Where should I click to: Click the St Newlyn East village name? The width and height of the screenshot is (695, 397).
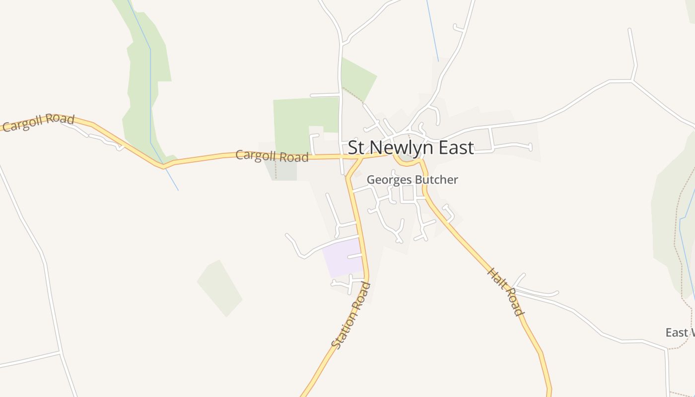click(x=411, y=147)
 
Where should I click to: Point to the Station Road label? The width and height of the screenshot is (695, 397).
click(x=351, y=315)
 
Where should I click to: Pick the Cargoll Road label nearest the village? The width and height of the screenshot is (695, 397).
click(x=272, y=156)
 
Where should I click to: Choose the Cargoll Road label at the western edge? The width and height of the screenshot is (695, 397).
click(x=38, y=122)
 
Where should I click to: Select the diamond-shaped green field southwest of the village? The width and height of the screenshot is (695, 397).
click(x=219, y=288)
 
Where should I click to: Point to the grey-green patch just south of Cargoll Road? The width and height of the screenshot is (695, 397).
click(x=284, y=170)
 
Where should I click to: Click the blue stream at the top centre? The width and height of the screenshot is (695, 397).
click(x=432, y=30)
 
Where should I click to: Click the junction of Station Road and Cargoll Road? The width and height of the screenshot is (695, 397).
click(x=358, y=158)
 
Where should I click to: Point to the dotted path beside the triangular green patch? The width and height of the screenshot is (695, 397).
click(x=353, y=95)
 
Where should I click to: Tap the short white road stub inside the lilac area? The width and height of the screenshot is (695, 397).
click(x=354, y=256)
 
